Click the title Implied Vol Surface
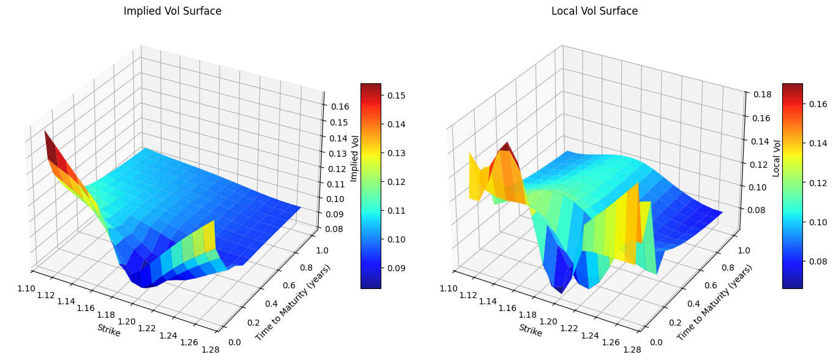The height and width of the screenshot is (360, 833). pos(173,11)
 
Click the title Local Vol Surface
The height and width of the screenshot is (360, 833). pos(594,11)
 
